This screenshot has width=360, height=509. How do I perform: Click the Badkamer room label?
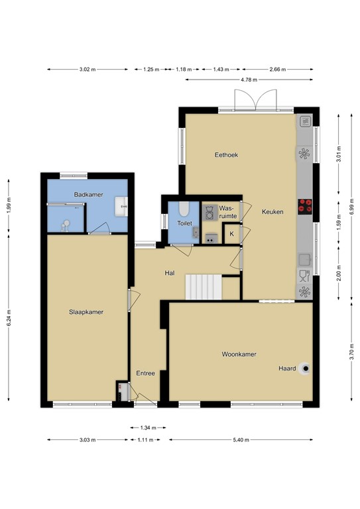coord(88,195)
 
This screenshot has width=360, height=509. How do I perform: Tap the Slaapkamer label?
coord(86,312)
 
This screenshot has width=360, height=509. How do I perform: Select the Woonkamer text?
coord(239,354)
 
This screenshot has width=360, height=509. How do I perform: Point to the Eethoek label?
coord(226,155)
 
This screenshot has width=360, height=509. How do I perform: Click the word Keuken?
coord(272,211)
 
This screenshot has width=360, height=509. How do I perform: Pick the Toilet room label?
coord(184,223)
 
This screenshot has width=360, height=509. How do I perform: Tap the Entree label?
coord(145,373)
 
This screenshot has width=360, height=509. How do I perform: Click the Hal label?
coord(170,273)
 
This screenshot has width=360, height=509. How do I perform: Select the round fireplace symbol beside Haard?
coord(305,368)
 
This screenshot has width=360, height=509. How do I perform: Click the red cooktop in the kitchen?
coord(305,207)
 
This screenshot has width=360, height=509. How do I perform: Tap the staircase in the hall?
coord(204,287)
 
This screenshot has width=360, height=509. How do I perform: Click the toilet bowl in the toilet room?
coord(184,209)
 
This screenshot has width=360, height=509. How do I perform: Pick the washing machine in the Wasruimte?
coord(210,213)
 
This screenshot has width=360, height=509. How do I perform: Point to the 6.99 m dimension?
coord(351,207)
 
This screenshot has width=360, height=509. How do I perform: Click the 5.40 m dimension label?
coord(241,440)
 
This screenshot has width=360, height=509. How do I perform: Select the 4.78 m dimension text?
coord(249,80)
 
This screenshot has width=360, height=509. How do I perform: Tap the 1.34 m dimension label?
coord(148,428)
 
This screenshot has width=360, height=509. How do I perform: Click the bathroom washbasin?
coord(121,206)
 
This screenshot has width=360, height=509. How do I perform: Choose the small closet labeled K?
coord(232,234)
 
